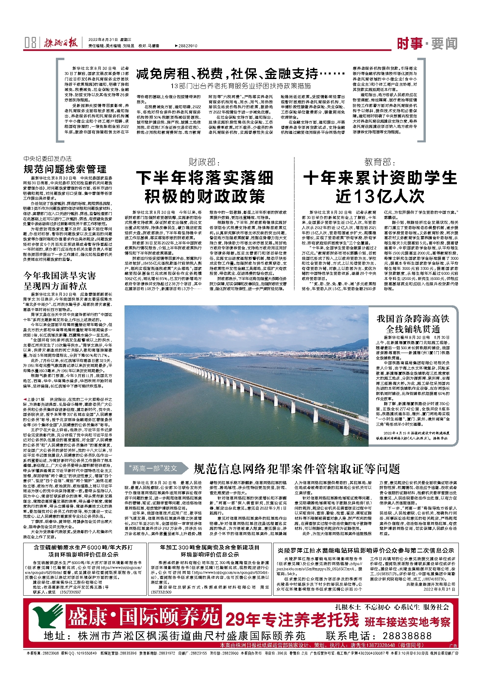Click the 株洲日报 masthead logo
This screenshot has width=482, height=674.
point(61,43)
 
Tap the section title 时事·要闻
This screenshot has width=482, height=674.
point(427,43)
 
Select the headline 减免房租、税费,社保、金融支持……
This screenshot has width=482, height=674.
point(241,74)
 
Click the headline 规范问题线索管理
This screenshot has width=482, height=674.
point(65,169)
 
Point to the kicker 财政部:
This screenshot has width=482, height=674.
point(205,162)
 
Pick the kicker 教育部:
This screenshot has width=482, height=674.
point(380,162)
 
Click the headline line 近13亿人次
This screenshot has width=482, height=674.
point(380,196)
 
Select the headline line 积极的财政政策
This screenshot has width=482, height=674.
point(205,196)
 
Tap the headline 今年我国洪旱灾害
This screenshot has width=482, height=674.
point(60,276)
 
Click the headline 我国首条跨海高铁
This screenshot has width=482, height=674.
point(413,318)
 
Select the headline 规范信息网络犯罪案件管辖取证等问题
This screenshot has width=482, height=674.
point(297,469)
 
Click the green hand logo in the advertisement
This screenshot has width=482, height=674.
point(49,617)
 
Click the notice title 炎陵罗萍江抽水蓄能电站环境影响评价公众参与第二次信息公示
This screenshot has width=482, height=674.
point(366,550)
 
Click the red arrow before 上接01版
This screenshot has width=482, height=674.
point(25,399)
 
